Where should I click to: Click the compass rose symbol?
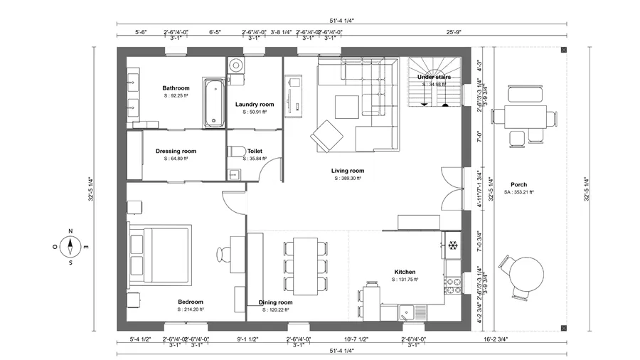tap(70, 247)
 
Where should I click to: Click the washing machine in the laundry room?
tap(236, 65)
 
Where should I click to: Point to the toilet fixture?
tap(236, 152)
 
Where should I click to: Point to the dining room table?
tap(306, 265)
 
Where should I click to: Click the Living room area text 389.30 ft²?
tap(348, 179)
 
